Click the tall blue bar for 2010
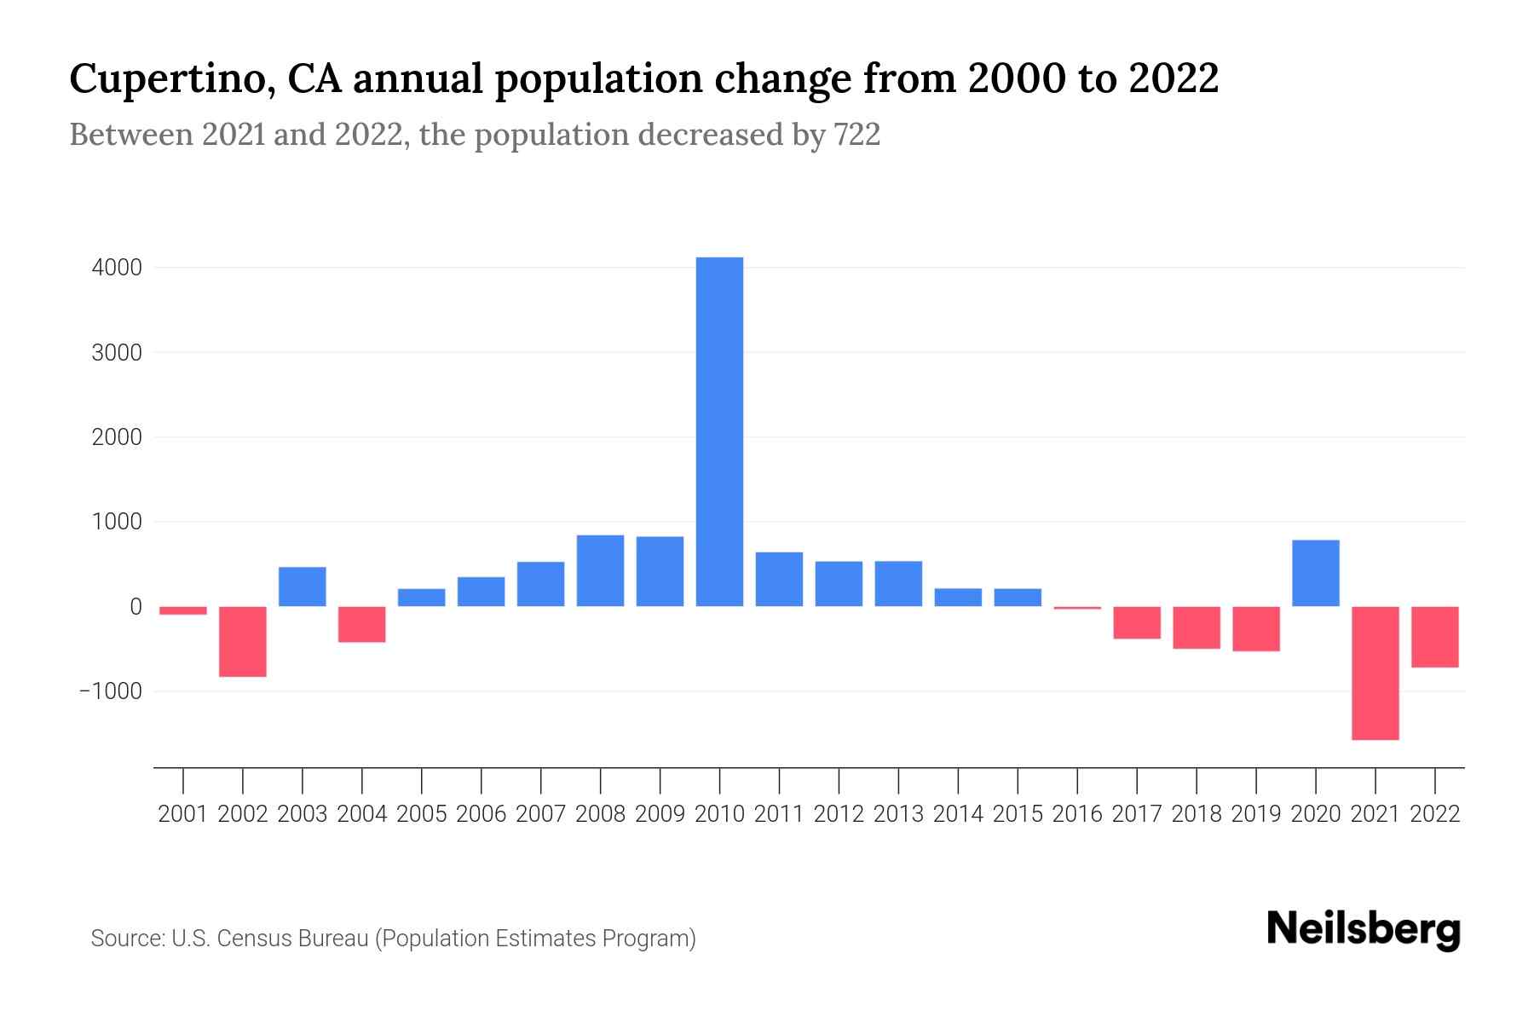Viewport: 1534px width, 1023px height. (719, 431)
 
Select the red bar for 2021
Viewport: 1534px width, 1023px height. (1375, 673)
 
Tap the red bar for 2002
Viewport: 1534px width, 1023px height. (243, 641)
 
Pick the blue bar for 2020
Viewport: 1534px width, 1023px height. (1316, 573)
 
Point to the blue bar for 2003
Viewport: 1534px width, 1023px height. (303, 587)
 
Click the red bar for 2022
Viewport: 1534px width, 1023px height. (1435, 636)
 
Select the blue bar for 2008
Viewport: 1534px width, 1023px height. (600, 570)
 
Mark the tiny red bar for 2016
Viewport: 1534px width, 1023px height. (1077, 608)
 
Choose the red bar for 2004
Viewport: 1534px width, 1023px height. (362, 624)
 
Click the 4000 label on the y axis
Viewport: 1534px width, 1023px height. (117, 268)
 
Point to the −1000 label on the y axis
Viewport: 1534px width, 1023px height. (111, 691)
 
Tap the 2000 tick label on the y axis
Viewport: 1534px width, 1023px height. (117, 437)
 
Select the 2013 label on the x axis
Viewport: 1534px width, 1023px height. (898, 814)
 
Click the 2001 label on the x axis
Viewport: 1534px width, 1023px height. (183, 814)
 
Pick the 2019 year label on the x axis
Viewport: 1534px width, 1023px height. (1256, 814)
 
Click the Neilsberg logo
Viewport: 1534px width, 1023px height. (1364, 930)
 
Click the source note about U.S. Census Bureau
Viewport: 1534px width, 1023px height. (393, 939)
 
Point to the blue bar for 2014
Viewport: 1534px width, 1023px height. (958, 597)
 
